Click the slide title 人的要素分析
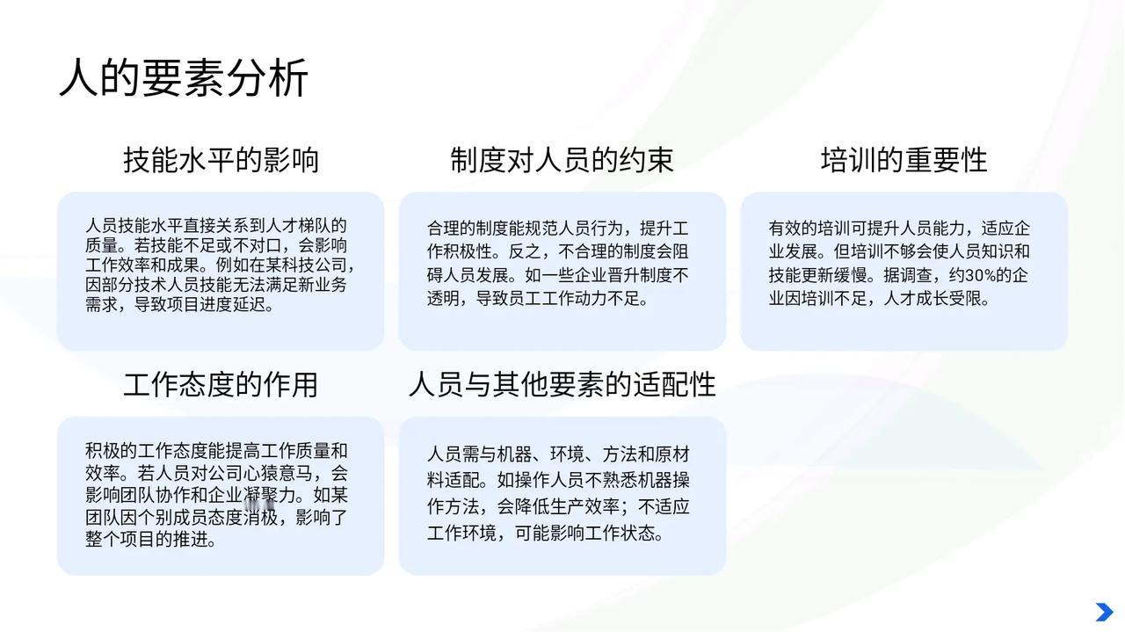point(184,78)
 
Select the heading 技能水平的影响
point(221,160)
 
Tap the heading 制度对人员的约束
point(562,160)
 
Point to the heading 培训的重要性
point(904,160)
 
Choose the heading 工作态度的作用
point(221,385)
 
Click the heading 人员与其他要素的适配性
point(562,385)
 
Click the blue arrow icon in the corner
point(1105,613)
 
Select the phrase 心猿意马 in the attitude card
point(276,473)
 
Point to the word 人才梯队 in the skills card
point(299,226)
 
